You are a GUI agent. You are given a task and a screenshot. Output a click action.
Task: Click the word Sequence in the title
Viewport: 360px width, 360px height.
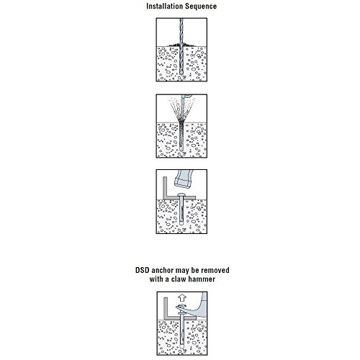coord(201,6)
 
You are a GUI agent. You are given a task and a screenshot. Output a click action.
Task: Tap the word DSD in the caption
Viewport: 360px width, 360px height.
coord(142,270)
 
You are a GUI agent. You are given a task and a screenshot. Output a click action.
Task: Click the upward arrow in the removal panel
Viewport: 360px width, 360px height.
coord(183,298)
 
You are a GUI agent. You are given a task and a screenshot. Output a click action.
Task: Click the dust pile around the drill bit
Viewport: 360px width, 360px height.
coord(181,45)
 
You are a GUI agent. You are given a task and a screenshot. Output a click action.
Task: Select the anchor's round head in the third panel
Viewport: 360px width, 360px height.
coord(181,195)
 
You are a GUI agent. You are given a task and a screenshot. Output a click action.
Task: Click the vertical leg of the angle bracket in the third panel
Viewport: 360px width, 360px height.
coord(165,187)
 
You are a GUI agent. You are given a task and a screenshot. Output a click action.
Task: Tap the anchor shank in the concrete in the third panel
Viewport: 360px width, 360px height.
coord(181,211)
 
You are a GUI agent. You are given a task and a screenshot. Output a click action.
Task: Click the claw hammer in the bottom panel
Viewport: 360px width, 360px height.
coord(194,305)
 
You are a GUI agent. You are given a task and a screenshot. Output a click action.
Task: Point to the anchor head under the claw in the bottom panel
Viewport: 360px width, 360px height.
coord(181,313)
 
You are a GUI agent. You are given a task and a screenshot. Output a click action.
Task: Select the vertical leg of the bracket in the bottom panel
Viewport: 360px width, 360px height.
coord(166,307)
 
